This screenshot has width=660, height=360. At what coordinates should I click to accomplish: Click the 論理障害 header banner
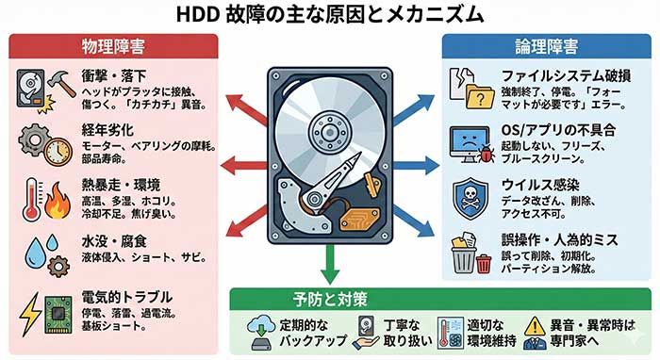pos(547,44)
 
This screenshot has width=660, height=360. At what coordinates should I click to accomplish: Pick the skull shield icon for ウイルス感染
pos(471,196)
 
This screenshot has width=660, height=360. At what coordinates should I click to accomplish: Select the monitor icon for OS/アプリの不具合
pos(468,139)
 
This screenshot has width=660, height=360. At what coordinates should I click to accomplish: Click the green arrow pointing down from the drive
pos(329,269)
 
